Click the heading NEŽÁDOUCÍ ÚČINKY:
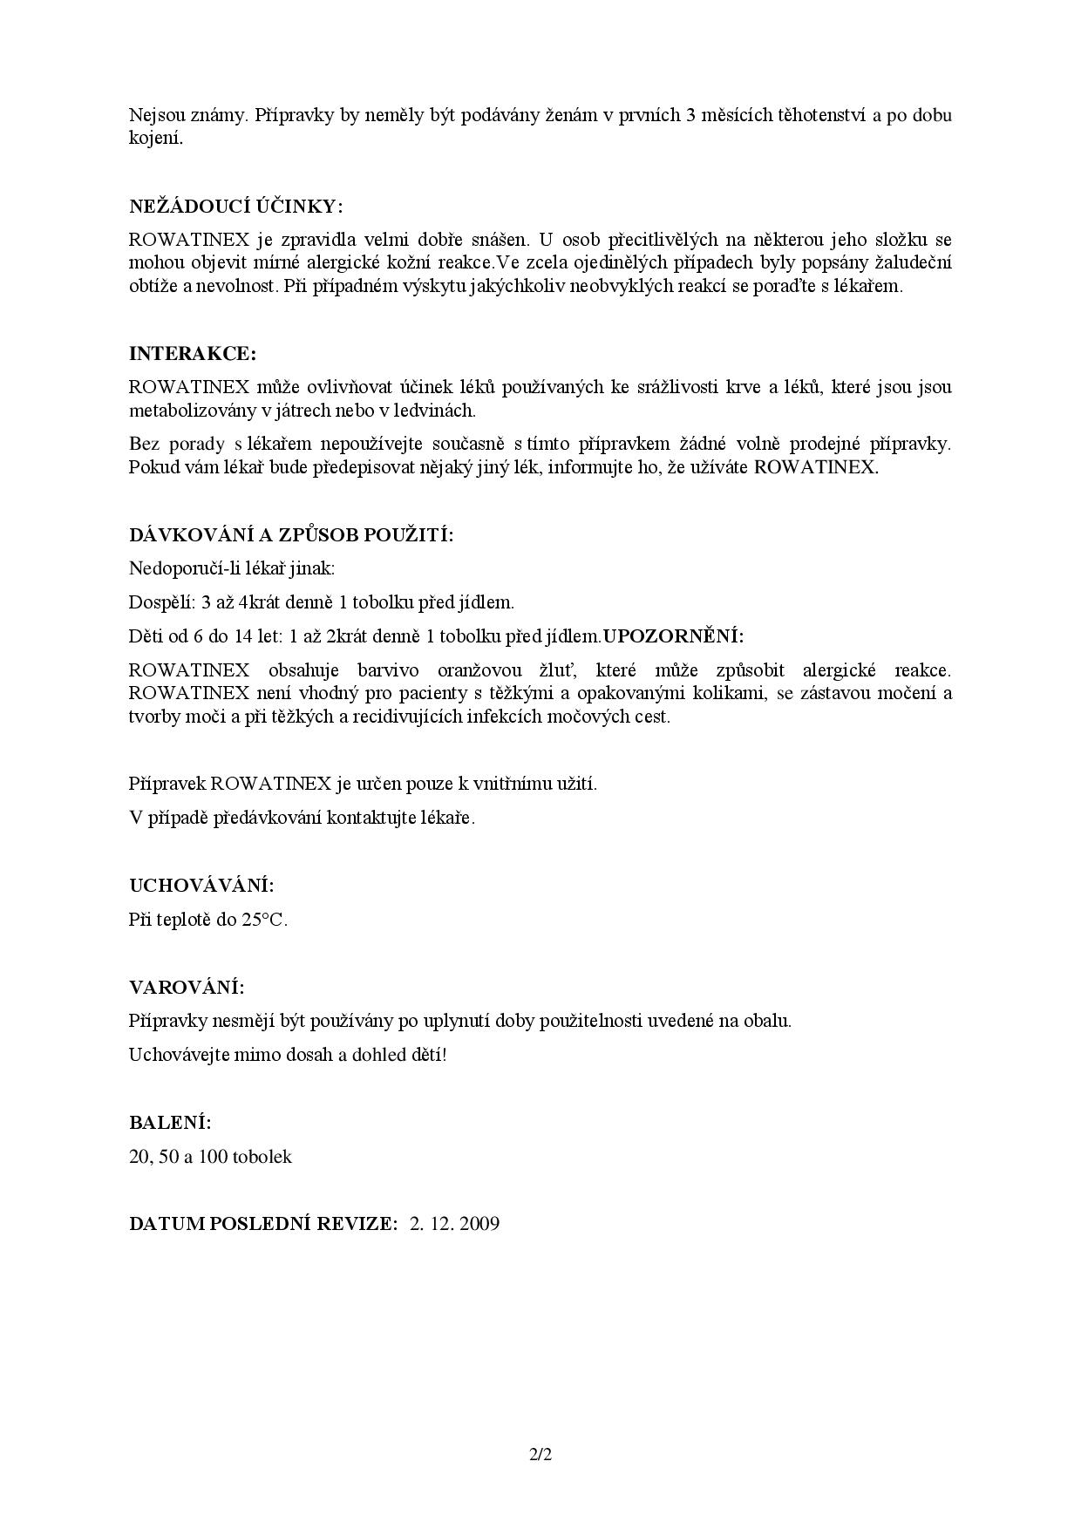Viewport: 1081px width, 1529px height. [x=235, y=207]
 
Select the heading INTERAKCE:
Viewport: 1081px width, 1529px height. [x=193, y=354]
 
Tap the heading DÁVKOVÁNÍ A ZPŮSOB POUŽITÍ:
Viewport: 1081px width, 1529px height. [x=291, y=534]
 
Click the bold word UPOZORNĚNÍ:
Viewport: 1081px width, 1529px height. [x=673, y=636]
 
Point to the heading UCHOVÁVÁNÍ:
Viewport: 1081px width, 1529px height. [x=201, y=886]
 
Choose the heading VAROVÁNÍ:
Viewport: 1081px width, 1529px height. [x=187, y=988]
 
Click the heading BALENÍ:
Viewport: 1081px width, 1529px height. [x=170, y=1123]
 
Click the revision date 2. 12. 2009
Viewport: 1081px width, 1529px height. [x=454, y=1224]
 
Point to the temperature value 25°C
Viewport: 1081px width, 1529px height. [x=265, y=921]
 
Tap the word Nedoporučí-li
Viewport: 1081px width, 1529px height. [x=181, y=568]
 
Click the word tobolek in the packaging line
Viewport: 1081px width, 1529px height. [x=262, y=1157]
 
